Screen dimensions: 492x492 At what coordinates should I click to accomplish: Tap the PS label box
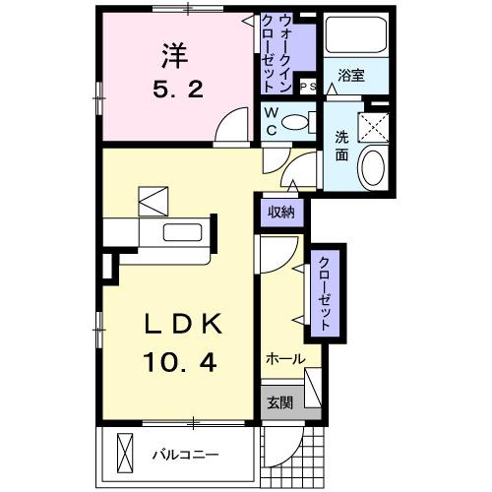[306, 86]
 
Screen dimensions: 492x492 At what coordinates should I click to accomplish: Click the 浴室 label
[350, 75]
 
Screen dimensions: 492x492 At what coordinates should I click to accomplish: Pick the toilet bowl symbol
[293, 123]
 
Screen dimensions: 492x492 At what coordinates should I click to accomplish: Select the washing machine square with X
[373, 125]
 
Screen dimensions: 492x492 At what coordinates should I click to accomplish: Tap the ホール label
[284, 360]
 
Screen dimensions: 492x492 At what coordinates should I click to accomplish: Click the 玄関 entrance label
[277, 402]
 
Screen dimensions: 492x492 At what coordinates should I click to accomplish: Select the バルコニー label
[184, 455]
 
